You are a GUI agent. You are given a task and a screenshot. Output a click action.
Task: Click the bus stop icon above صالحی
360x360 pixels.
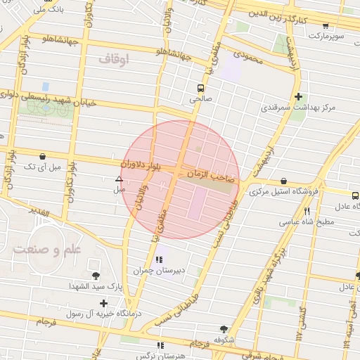201,89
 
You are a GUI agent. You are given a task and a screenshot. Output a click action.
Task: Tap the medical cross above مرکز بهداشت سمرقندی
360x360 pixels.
299,96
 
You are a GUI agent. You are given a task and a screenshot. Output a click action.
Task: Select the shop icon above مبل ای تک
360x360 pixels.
43,156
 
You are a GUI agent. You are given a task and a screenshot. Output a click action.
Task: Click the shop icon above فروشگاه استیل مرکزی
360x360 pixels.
283,181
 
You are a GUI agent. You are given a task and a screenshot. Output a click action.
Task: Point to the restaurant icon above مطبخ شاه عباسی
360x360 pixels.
307,211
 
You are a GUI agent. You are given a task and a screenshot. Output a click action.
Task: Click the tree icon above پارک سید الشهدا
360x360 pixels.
96,276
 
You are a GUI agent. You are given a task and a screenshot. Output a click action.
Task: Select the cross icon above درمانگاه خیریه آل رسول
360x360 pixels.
104,303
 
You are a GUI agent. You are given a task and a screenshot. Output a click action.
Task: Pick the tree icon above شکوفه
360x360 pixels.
224,328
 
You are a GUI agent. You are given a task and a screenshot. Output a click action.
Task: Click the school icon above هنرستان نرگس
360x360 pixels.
160,345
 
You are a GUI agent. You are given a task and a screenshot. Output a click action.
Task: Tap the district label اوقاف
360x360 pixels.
114,61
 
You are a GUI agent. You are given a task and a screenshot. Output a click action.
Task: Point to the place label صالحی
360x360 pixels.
200,100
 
